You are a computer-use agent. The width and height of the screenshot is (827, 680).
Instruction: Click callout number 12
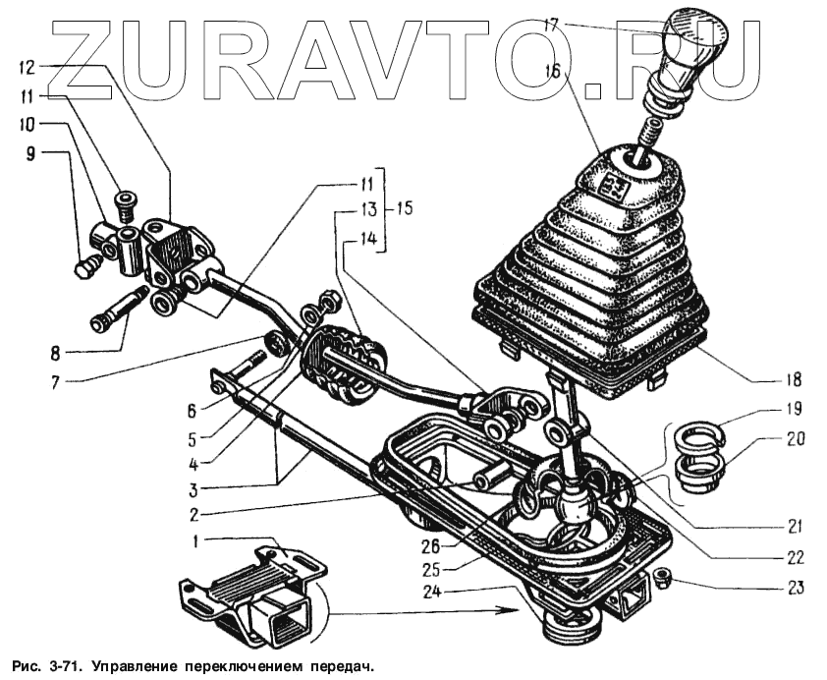pyautogui.click(x=27, y=68)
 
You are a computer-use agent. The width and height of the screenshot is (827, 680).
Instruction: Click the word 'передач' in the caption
pyautogui.click(x=338, y=667)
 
